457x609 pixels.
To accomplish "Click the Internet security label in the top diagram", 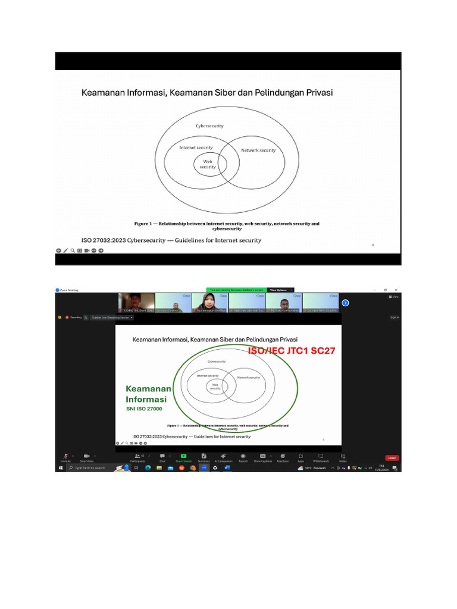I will click(196, 147).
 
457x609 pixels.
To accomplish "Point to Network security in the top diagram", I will click(258, 150).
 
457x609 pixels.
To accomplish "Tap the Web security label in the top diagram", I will click(208, 164).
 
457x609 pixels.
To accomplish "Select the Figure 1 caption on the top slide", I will click(227, 226).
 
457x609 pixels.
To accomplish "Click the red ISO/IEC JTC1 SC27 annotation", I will click(292, 351).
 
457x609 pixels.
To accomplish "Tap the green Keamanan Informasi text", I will click(148, 394).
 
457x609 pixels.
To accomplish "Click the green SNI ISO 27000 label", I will click(144, 409).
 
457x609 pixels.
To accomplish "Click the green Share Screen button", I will click(183, 457).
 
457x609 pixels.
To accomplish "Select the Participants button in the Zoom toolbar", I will click(137, 457).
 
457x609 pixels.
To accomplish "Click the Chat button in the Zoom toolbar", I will click(162, 457).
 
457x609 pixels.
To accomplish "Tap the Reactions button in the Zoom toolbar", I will click(283, 457).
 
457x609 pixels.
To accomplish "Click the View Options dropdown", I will click(280, 290).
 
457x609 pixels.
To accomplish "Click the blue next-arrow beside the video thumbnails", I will click(345, 303).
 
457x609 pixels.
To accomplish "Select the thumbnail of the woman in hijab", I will click(208, 302).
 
